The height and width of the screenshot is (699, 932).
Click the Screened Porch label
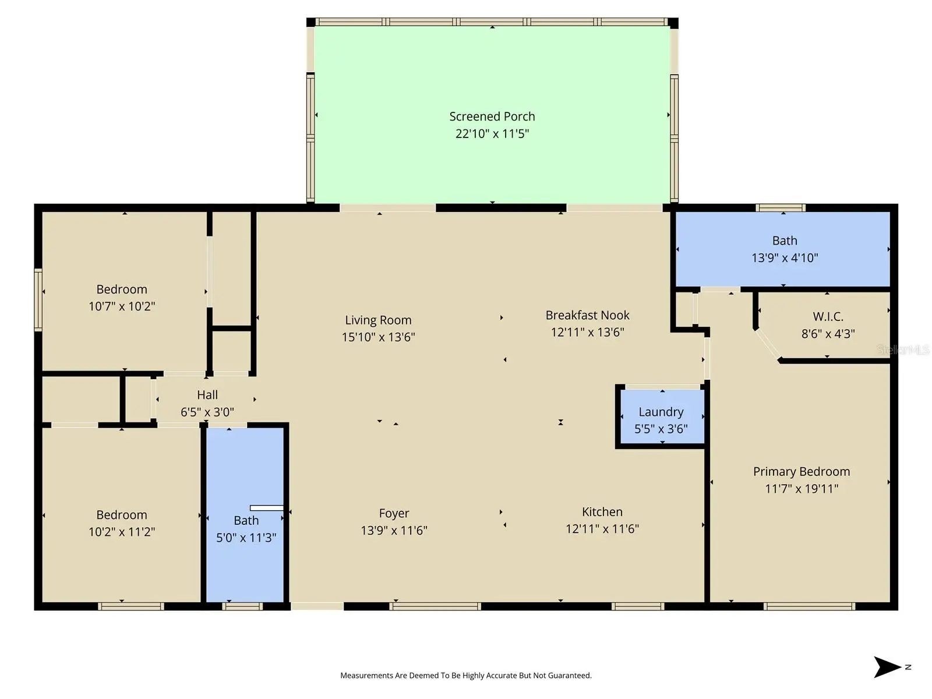coord(492,116)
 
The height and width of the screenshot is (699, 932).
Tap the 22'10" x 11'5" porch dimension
coord(492,134)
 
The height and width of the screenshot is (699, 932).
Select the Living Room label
coord(378,320)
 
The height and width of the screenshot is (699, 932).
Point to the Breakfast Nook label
coord(587,315)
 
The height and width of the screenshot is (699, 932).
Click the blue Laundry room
coord(662,416)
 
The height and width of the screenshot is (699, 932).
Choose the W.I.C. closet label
coord(828,316)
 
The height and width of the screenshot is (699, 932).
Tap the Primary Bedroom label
coord(801,471)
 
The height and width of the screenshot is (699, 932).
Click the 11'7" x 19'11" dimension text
coord(801,489)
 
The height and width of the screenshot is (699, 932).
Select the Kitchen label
coord(602,511)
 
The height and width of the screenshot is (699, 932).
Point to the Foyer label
coord(394,513)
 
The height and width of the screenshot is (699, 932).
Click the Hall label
coord(207,395)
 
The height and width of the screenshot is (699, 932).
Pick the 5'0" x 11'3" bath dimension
coord(246,538)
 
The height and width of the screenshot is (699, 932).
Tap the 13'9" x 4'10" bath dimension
coord(785,257)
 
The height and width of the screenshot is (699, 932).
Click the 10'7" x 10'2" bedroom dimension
coord(122,306)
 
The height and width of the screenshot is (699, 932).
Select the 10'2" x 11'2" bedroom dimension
coord(122,532)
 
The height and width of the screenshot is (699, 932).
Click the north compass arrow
coord(887,667)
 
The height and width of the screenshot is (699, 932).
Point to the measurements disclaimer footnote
coord(466,675)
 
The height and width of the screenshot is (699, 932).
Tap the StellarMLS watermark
coord(903,349)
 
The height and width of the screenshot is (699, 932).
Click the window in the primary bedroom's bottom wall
coord(809,606)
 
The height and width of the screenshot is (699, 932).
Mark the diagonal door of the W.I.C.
coord(768,345)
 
